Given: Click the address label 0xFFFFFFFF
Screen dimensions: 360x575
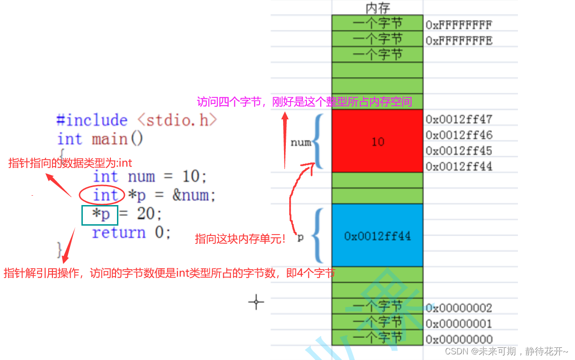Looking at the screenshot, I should click(459, 24).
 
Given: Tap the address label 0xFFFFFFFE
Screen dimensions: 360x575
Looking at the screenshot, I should click(459, 40).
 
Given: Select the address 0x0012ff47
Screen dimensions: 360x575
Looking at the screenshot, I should click(459, 119).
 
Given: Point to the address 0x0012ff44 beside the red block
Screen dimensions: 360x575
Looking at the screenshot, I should click(459, 166).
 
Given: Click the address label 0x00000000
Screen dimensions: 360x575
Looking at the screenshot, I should click(459, 339).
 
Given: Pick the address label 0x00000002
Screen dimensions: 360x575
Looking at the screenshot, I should click(459, 308).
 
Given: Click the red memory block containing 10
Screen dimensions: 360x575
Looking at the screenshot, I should click(377, 141).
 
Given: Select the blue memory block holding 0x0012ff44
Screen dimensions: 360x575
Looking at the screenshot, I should click(377, 235).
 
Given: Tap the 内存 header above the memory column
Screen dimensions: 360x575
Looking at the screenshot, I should click(378, 7).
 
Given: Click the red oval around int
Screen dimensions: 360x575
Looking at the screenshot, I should click(102, 195).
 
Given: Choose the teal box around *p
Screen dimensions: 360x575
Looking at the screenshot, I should click(100, 214).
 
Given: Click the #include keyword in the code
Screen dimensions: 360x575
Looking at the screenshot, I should click(92, 120).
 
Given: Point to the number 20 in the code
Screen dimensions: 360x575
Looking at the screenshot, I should click(146, 214).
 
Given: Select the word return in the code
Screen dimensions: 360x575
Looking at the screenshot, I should click(119, 233).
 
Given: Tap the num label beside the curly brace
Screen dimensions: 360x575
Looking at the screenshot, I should click(300, 142).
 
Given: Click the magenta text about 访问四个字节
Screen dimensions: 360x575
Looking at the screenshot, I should click(304, 102).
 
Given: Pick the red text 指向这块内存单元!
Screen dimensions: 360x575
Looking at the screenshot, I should click(240, 239).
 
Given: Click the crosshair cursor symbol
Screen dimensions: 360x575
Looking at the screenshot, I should click(256, 302).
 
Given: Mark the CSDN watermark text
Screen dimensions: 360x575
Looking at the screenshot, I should click(506, 351).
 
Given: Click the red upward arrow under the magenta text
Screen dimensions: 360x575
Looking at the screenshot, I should click(285, 140).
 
